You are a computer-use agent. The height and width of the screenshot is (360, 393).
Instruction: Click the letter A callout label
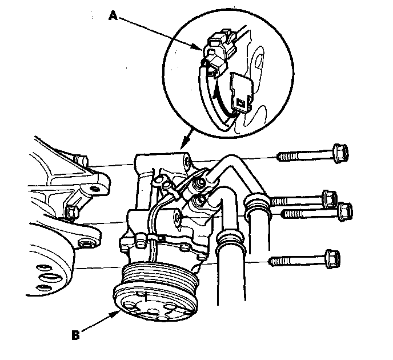113,17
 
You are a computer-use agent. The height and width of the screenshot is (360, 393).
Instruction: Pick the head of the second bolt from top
329,199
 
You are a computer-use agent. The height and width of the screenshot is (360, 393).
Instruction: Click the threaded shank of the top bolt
303,155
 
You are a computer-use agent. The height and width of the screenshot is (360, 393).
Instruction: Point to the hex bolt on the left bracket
71,212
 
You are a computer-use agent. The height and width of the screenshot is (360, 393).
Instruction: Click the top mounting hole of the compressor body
186,162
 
